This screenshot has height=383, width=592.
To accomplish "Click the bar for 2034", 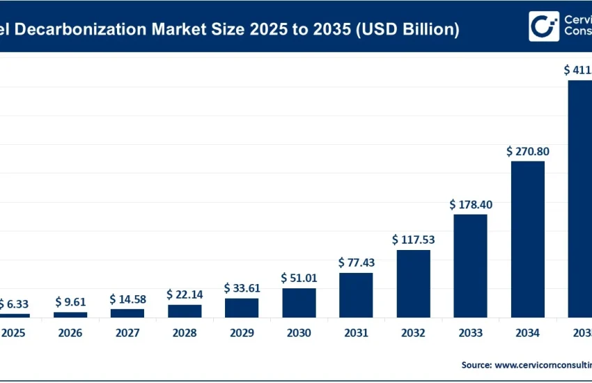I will pos(528,239).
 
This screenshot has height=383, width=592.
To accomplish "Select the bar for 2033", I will pos(471,265).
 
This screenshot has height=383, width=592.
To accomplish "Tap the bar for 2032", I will pos(414,283).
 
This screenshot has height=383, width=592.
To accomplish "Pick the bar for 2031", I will pos(356,295).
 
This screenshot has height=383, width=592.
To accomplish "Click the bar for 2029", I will pos(242,308).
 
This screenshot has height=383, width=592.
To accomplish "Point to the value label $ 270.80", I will pos(528,150).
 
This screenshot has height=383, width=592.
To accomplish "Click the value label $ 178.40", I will pos(471,204).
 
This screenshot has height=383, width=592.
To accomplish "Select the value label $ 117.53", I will pos(414,240).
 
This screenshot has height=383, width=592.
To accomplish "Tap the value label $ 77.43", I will pos(356,263).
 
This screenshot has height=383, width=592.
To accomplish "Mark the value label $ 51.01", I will pos(299,278).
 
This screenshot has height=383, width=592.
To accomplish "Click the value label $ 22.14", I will pos(185,295).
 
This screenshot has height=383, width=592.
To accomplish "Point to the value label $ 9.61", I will pos(70,302).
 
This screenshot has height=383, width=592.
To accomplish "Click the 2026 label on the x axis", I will pos(70,333).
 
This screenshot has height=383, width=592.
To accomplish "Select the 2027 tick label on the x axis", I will pos(127,333).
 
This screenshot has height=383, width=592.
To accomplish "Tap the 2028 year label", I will pos(185,333).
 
